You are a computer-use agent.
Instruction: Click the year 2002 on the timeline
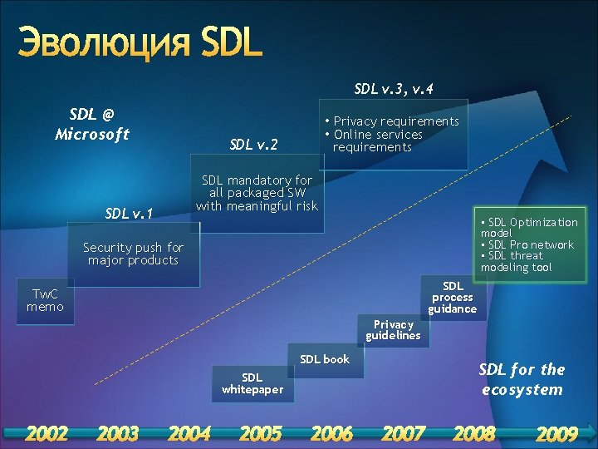tap(47, 433)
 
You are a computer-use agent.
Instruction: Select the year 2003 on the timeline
tap(118, 433)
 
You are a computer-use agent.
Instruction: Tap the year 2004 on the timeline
tap(189, 433)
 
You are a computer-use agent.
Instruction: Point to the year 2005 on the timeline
tap(261, 433)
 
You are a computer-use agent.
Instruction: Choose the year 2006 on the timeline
tap(331, 433)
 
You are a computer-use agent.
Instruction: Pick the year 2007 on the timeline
tap(403, 433)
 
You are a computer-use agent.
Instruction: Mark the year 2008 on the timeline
tap(474, 433)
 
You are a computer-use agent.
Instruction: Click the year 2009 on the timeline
tap(556, 433)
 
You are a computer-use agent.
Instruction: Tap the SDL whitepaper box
tap(252, 383)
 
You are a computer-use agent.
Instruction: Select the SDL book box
tap(325, 359)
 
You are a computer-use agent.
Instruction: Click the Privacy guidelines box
tap(393, 330)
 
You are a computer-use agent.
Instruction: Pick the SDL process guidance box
tap(453, 297)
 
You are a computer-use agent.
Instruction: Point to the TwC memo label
tap(45, 300)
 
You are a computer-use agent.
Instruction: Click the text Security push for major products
tap(133, 254)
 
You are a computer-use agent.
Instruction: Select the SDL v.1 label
tap(129, 214)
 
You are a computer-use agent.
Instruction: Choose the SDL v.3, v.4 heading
tap(394, 88)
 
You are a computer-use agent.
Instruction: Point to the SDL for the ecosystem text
tap(522, 379)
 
